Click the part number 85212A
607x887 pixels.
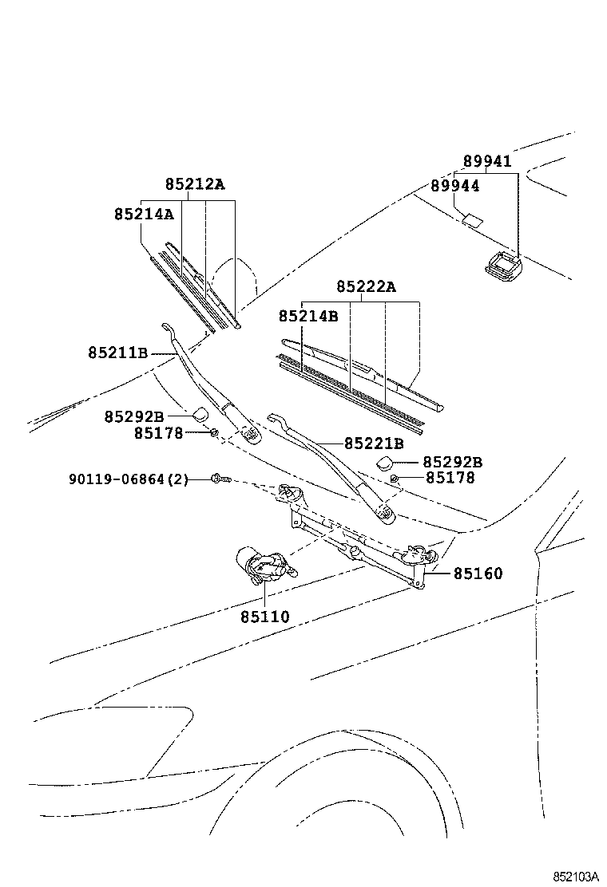click(x=195, y=185)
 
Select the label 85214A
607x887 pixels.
click(x=144, y=214)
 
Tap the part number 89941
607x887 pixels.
click(x=487, y=161)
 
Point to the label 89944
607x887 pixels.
click(x=454, y=185)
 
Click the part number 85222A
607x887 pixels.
click(x=366, y=287)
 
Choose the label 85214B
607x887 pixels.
click(x=308, y=316)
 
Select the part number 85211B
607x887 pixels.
click(x=118, y=352)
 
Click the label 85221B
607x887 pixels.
click(x=374, y=443)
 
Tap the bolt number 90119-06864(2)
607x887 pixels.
click(x=129, y=479)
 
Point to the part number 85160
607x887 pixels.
click(x=478, y=573)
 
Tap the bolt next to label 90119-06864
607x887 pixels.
click(x=220, y=479)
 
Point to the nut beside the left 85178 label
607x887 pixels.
click(x=214, y=432)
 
